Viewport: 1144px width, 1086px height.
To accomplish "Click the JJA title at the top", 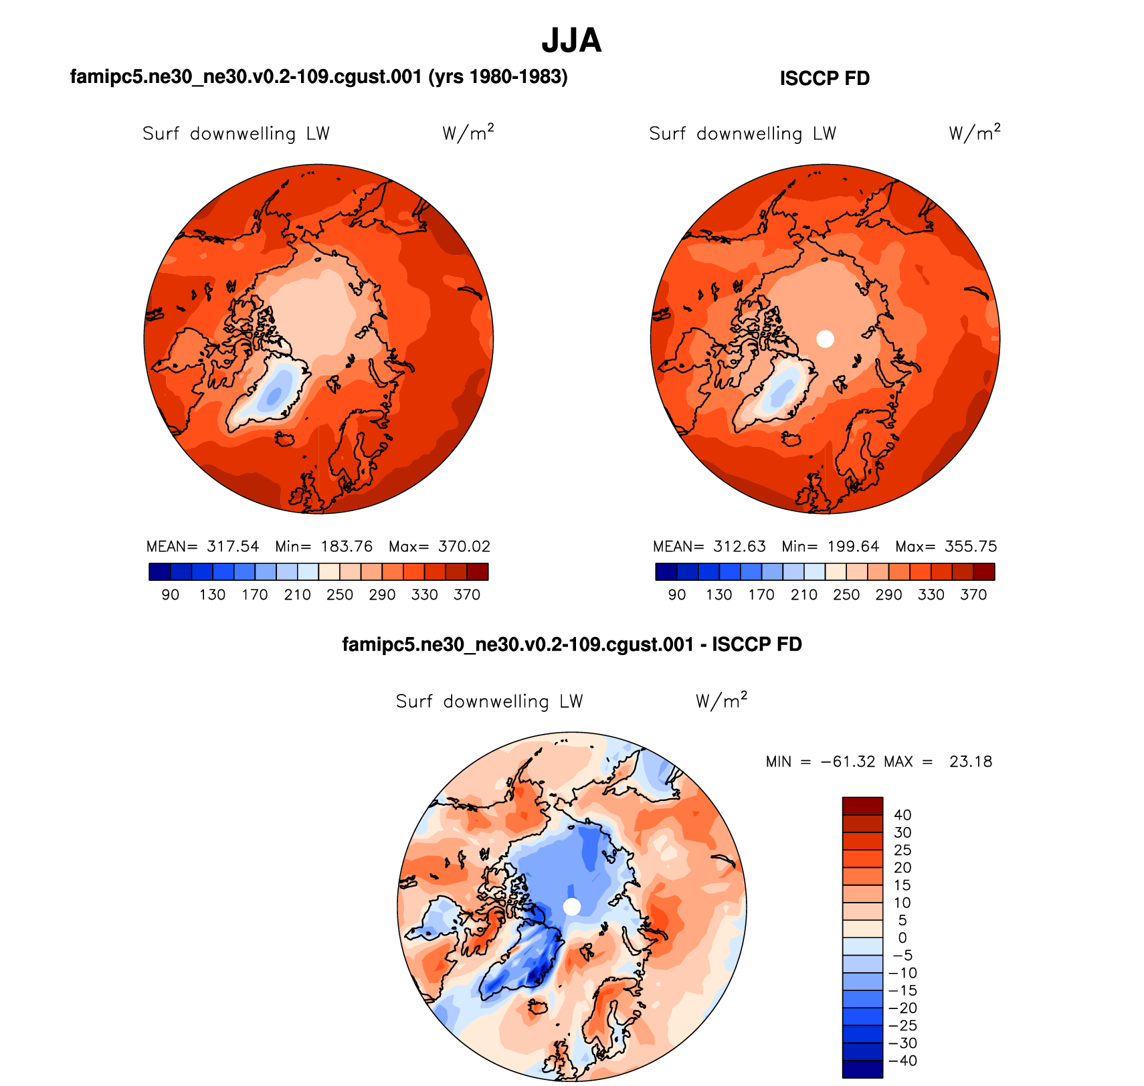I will tap(571, 41).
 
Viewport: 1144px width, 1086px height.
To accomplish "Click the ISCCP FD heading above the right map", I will tap(824, 78).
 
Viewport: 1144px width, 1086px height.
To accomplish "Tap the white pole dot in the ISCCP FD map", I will tap(826, 339).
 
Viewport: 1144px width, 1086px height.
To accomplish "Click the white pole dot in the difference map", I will tap(572, 907).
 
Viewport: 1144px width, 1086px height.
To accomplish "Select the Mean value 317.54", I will tap(233, 547).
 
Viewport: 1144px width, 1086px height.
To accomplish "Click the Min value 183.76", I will tap(347, 547).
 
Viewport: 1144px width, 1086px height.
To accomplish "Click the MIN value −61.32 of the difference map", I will tap(848, 762).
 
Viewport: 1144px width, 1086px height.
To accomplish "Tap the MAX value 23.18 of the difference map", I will tap(971, 762).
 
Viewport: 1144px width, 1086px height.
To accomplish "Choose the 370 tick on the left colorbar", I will tap(467, 595).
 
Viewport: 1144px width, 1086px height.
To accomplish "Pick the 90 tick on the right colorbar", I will tap(677, 595).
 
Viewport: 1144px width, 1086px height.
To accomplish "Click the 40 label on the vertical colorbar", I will tap(902, 815).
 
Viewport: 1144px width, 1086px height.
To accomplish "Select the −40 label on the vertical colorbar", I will tap(902, 1061).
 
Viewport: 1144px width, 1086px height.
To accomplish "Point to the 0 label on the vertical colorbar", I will tap(902, 938).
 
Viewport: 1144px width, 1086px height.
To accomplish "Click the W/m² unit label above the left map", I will tap(468, 133).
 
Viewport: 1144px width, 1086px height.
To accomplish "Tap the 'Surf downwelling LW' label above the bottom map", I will tap(489, 701).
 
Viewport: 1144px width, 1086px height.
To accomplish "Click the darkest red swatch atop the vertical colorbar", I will tap(862, 806).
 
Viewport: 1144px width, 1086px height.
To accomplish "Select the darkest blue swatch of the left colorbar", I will tap(160, 571).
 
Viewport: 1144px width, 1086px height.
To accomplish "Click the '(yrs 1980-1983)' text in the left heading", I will tap(498, 77).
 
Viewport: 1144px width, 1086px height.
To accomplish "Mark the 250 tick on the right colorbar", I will tap(846, 595).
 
